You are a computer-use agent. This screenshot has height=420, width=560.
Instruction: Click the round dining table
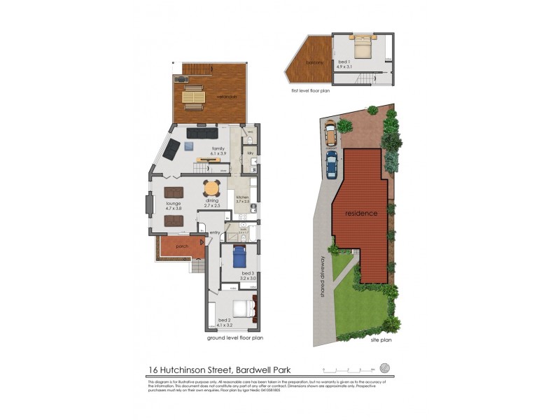click(x=211, y=188)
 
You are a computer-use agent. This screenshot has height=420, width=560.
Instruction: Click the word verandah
click(x=225, y=97)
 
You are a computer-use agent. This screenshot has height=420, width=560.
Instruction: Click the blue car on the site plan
click(x=331, y=165)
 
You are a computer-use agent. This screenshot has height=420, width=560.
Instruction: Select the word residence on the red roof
click(x=360, y=213)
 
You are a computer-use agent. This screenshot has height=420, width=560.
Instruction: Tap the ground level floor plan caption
click(x=234, y=337)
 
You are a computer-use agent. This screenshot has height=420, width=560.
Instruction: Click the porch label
click(x=181, y=246)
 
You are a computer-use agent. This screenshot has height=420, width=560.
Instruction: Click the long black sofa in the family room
click(x=202, y=133)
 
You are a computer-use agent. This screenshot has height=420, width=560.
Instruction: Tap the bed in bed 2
click(x=242, y=309)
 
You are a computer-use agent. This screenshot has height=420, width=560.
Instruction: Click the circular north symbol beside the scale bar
click(x=384, y=367)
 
